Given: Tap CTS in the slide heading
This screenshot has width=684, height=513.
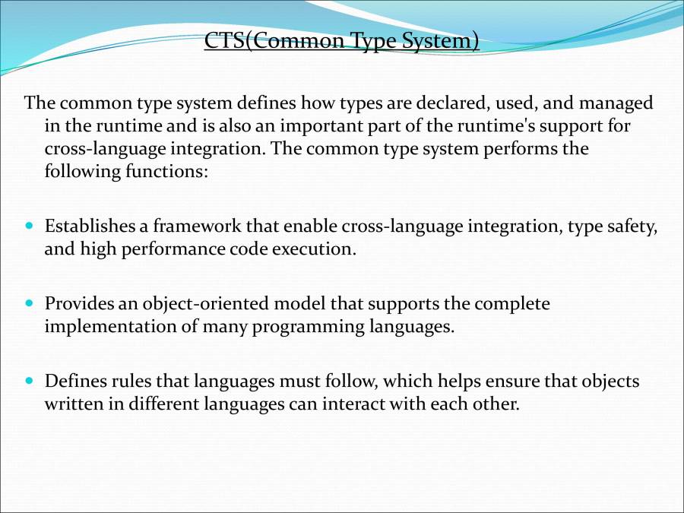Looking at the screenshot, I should click(222, 40).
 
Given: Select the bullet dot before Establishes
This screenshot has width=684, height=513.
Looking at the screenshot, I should click(30, 226).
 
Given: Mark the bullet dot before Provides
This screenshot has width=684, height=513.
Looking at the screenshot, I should click(30, 303).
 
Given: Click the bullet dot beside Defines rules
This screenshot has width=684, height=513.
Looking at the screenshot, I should click(30, 381).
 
